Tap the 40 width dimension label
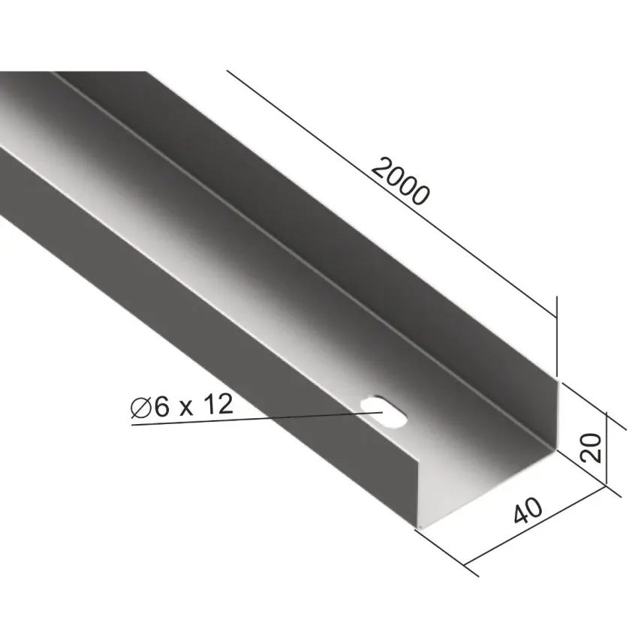tap(528, 510)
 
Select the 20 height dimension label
tap(591, 447)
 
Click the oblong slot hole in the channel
tap(384, 411)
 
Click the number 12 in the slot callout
tap(218, 405)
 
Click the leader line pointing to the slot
tap(257, 418)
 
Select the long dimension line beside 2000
tap(391, 194)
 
